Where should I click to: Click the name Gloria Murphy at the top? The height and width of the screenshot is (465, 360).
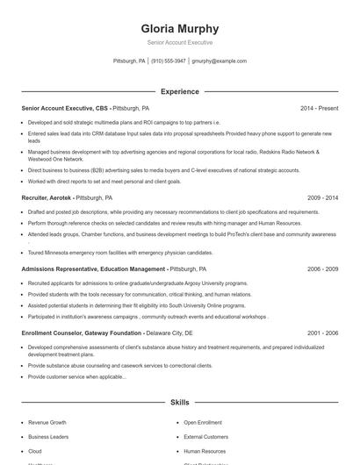pyautogui.click(x=180, y=28)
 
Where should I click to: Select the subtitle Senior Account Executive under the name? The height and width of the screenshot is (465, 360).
pyautogui.click(x=180, y=42)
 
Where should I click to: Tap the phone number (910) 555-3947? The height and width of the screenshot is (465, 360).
pyautogui.click(x=169, y=61)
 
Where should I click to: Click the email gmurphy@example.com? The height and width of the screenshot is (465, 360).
pyautogui.click(x=219, y=61)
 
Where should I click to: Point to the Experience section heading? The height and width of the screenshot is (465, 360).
pyautogui.click(x=180, y=91)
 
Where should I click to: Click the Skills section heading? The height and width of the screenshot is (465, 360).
pyautogui.click(x=180, y=402)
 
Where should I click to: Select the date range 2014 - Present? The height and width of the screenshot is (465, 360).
pyautogui.click(x=319, y=108)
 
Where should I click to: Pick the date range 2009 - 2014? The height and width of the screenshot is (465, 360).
pyautogui.click(x=322, y=198)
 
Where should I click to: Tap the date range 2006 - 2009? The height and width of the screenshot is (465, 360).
pyautogui.click(x=322, y=269)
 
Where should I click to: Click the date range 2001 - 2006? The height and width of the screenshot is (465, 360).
pyautogui.click(x=322, y=333)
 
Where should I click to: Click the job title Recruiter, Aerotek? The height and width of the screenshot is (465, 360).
pyautogui.click(x=46, y=198)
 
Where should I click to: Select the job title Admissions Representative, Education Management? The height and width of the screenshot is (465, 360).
pyautogui.click(x=93, y=269)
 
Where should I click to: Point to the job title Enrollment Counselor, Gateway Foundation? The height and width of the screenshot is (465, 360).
pyautogui.click(x=81, y=333)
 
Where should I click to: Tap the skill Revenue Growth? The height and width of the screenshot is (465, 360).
pyautogui.click(x=47, y=422)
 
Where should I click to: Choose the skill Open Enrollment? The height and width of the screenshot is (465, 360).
pyautogui.click(x=203, y=422)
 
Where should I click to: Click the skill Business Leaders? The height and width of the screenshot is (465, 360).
pyautogui.click(x=47, y=436)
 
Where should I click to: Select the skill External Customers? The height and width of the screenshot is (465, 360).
pyautogui.click(x=205, y=436)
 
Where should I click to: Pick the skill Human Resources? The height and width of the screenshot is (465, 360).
pyautogui.click(x=205, y=451)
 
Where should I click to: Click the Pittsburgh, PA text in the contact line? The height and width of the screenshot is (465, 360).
pyautogui.click(x=129, y=61)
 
